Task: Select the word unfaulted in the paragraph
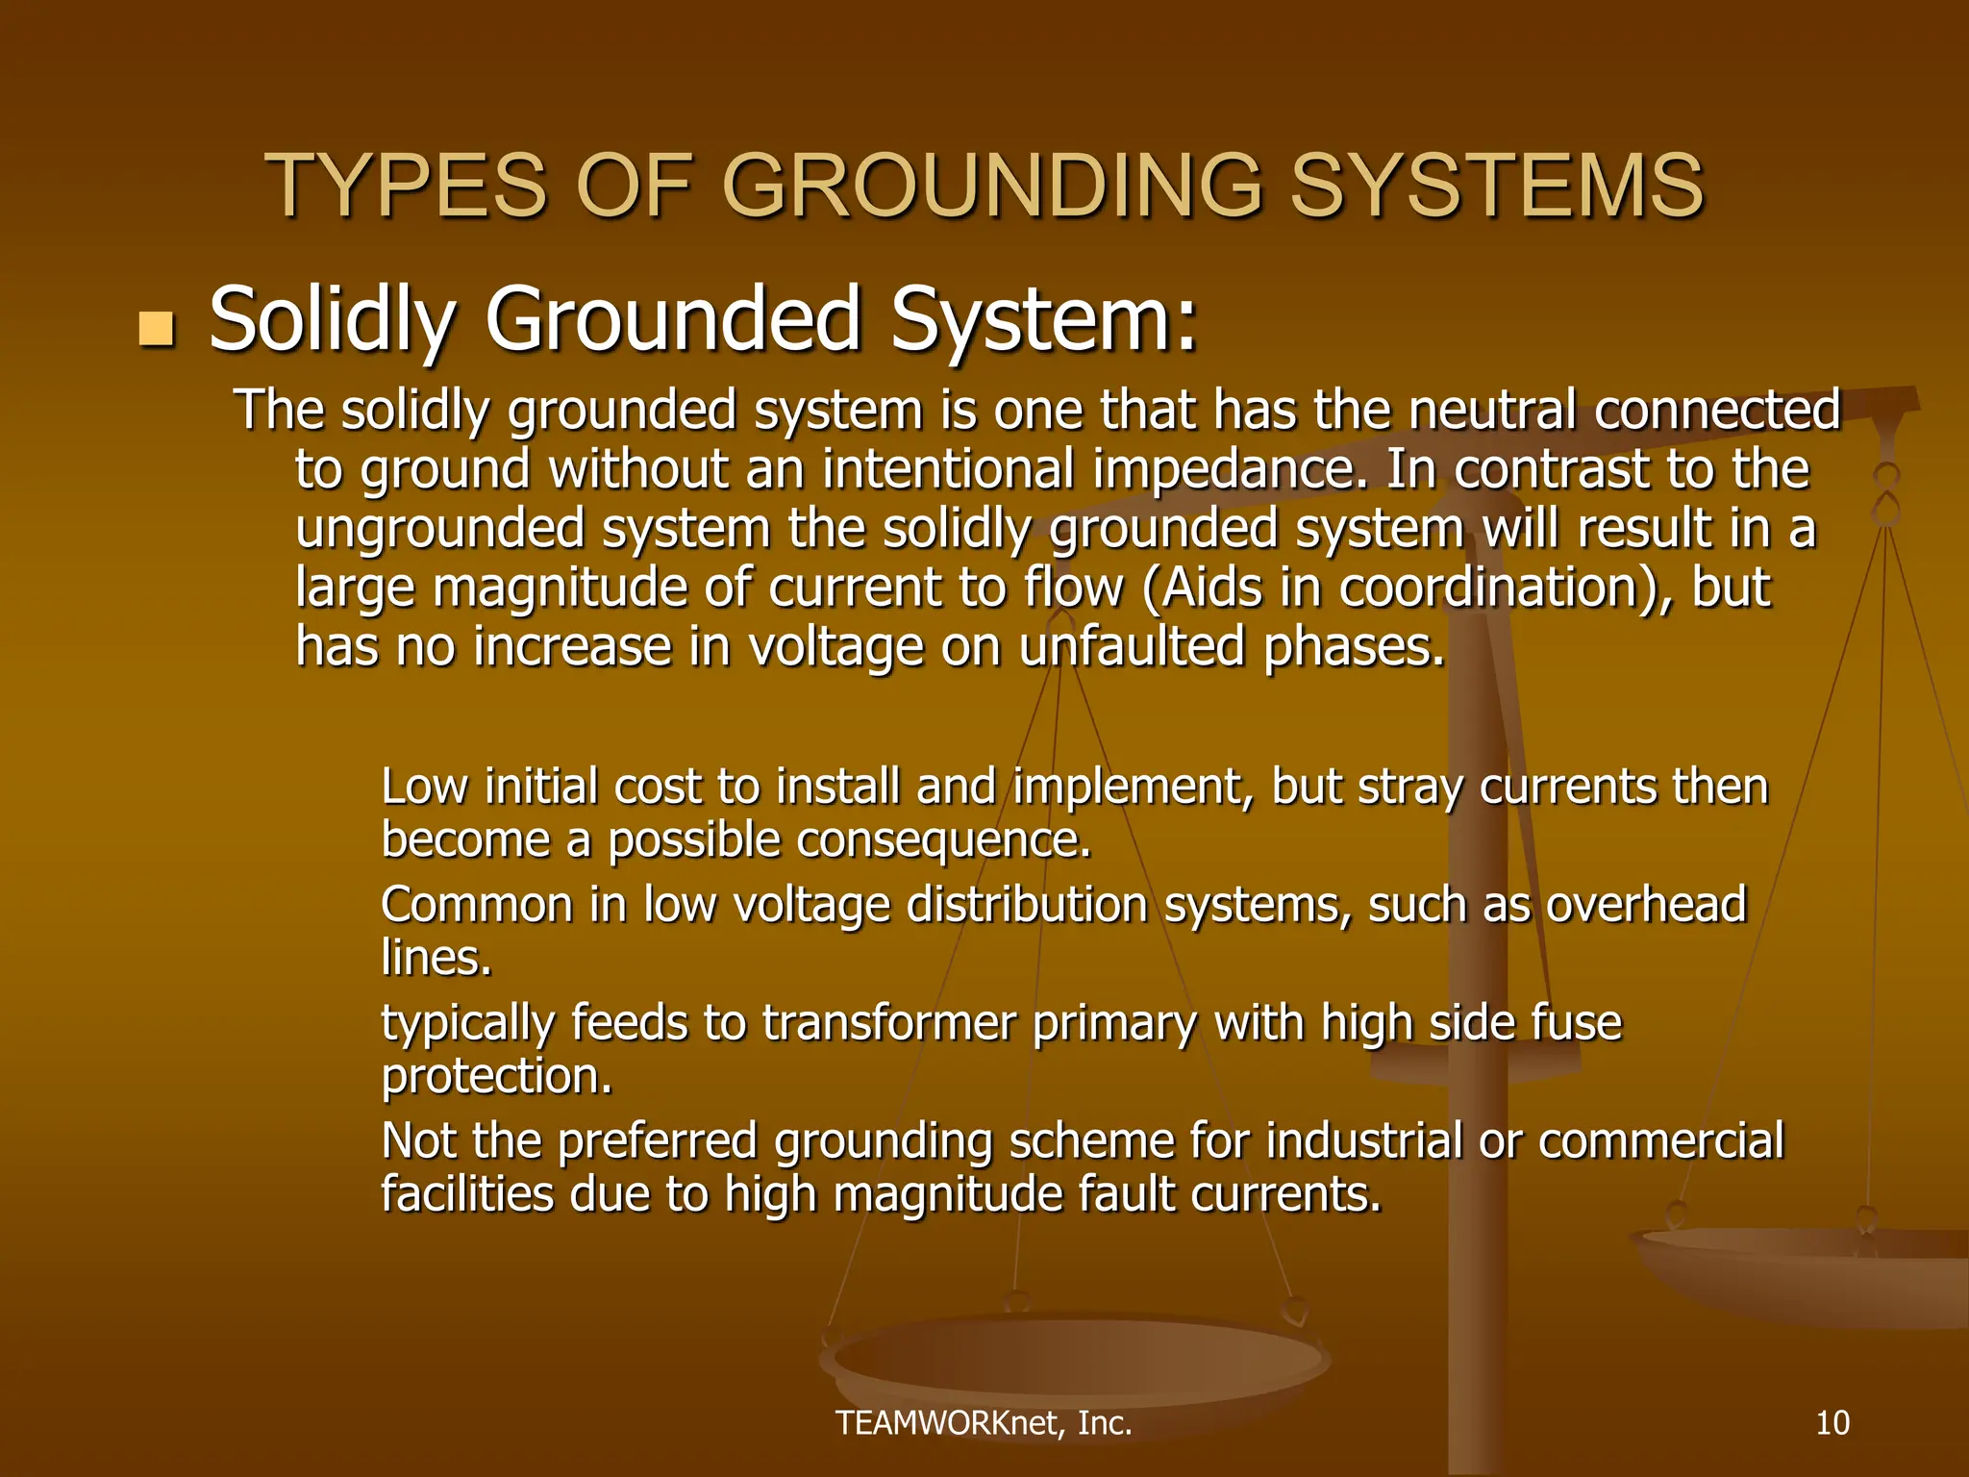[1132, 646]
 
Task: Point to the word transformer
[888, 1023]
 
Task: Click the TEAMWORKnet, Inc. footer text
[984, 1422]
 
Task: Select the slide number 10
[1832, 1422]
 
